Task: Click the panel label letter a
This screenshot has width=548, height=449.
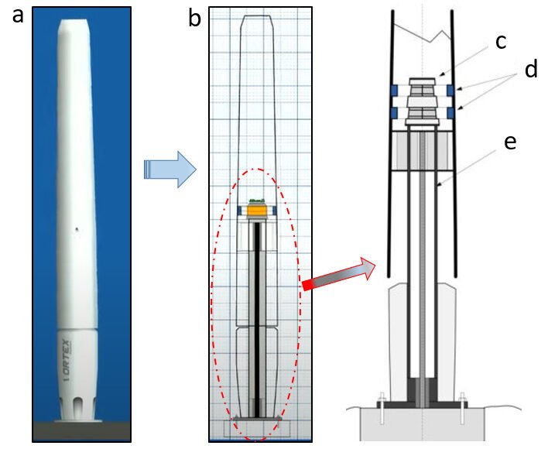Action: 18,16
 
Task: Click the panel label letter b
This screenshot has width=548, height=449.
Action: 195,18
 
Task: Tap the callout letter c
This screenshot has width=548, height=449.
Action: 501,43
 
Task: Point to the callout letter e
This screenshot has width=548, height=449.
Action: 510,142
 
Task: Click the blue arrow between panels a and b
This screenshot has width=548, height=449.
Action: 170,170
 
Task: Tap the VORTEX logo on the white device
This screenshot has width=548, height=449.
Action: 67,359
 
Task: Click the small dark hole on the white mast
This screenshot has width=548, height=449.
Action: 77,230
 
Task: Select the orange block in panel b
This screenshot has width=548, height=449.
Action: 257,211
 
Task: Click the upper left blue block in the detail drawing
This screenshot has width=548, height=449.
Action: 395,90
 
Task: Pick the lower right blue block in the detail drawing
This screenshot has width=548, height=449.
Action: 450,113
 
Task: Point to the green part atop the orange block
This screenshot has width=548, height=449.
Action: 258,201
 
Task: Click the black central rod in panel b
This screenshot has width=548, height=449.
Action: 257,320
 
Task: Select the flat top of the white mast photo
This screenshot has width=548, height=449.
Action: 74,21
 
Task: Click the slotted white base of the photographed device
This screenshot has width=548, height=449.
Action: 77,409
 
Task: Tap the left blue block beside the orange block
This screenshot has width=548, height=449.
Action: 239,211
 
